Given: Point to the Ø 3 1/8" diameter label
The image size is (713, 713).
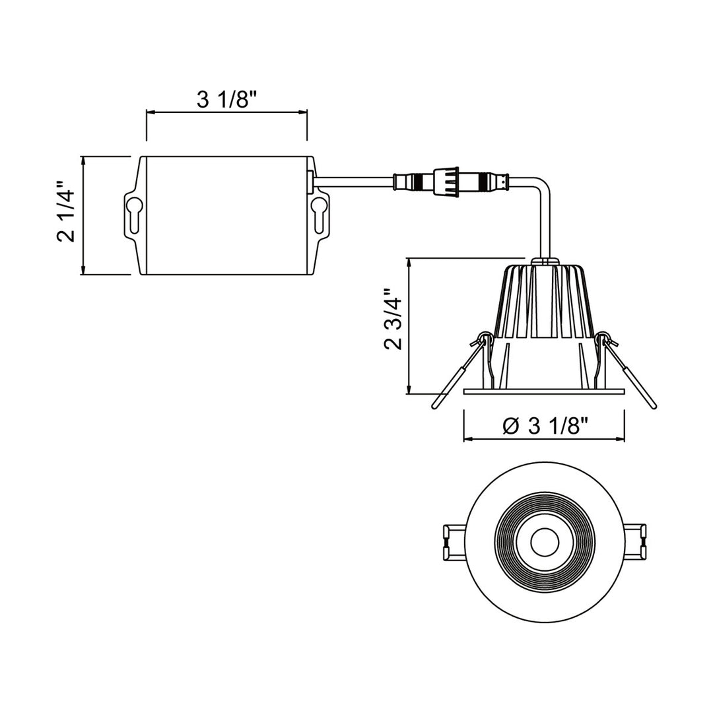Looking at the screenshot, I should click(x=544, y=426).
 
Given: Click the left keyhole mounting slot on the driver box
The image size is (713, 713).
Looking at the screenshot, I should click(x=133, y=214).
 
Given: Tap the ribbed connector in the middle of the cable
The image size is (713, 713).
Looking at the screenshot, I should click(x=446, y=182).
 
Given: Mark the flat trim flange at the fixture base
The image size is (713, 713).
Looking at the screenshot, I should click(x=544, y=391).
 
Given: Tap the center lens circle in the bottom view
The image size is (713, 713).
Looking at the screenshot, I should click(x=544, y=542).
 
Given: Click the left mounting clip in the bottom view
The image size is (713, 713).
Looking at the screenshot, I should click(x=454, y=542).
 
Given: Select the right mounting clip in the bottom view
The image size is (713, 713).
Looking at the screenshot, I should click(x=634, y=542).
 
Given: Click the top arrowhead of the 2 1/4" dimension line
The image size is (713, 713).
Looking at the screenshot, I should click(x=83, y=161).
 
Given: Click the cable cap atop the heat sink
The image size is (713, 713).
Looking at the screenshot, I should click(x=544, y=261).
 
